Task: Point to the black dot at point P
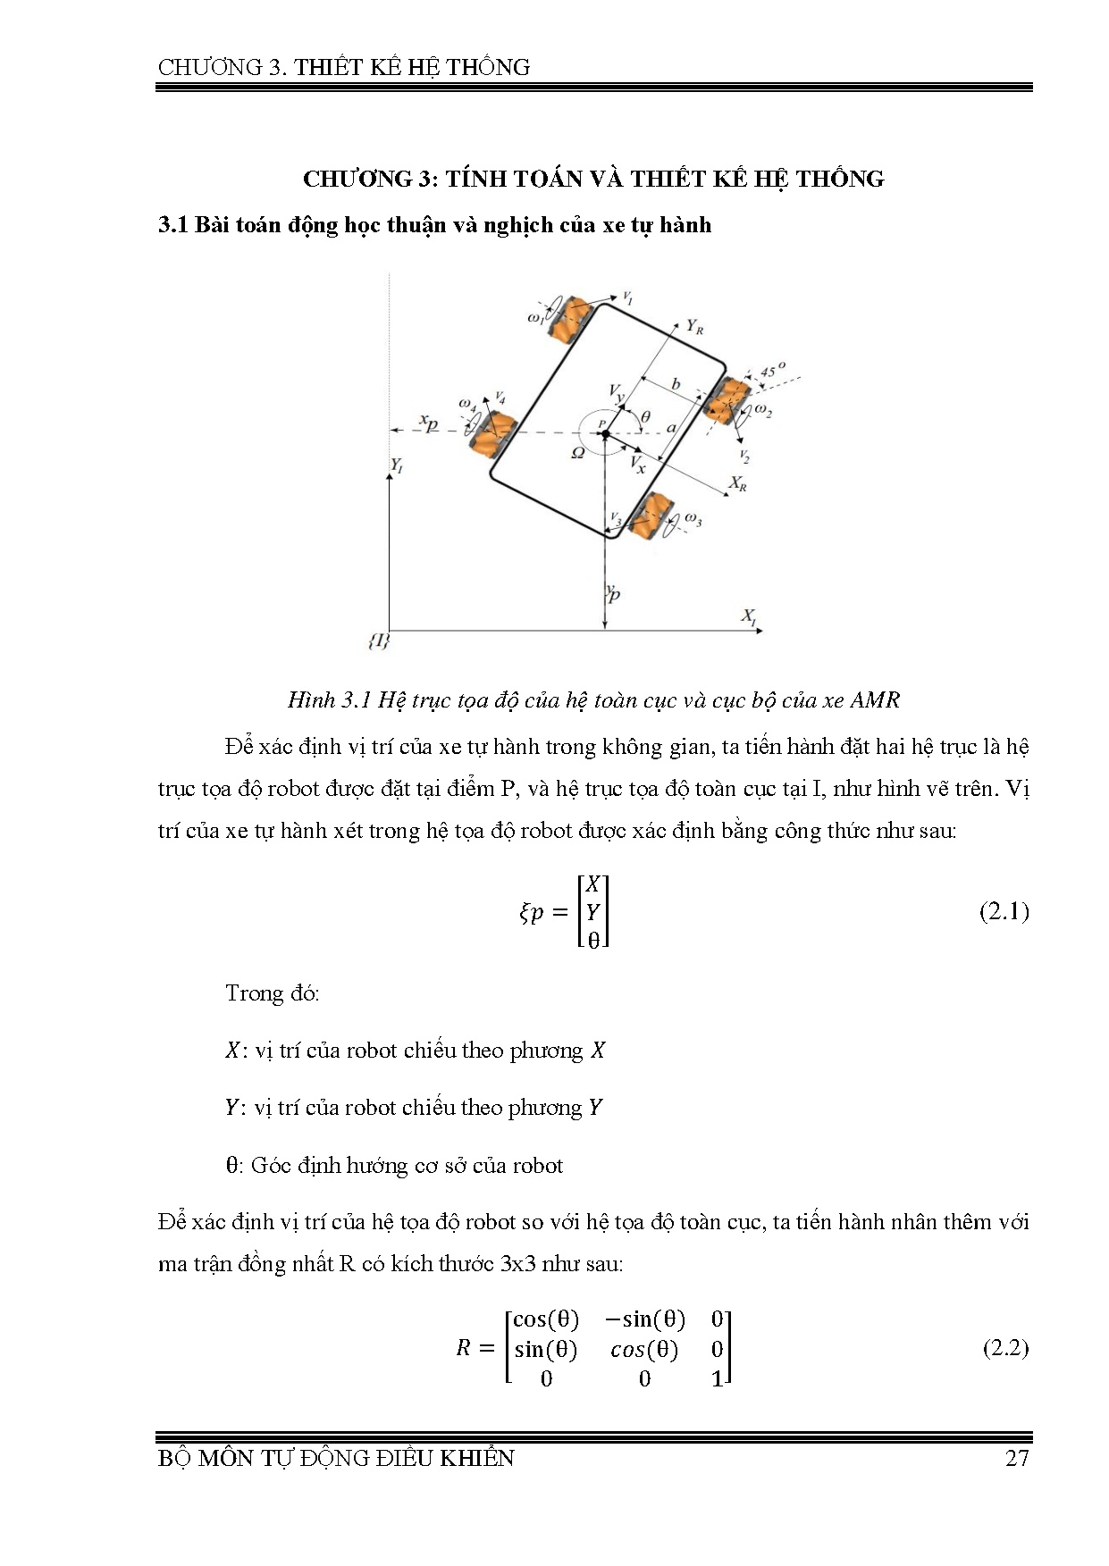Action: (605, 434)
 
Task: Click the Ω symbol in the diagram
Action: (578, 453)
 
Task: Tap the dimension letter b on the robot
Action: (676, 385)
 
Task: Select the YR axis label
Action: (694, 328)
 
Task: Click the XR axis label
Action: (737, 483)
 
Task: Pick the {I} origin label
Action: (379, 641)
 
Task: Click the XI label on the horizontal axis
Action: (749, 616)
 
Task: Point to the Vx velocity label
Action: (637, 464)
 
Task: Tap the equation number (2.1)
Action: (1004, 912)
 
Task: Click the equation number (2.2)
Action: (1004, 1347)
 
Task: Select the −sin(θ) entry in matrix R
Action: (644, 1319)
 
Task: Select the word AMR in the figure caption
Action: (875, 699)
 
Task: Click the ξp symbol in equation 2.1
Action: (531, 912)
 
